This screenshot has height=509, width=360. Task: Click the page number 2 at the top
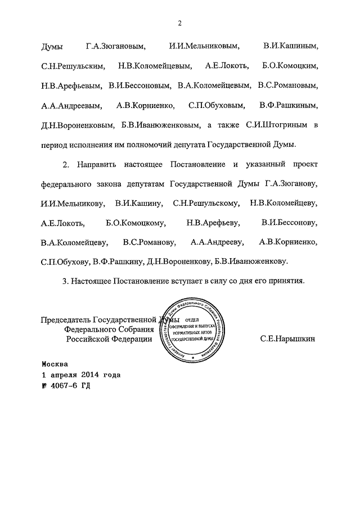point(179,22)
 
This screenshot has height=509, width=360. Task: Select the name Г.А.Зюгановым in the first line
point(115,46)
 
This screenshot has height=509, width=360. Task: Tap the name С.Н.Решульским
point(73,66)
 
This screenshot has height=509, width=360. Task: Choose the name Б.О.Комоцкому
point(135,223)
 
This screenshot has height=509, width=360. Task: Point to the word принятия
point(287,281)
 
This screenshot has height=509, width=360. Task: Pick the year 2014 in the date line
point(90,374)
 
